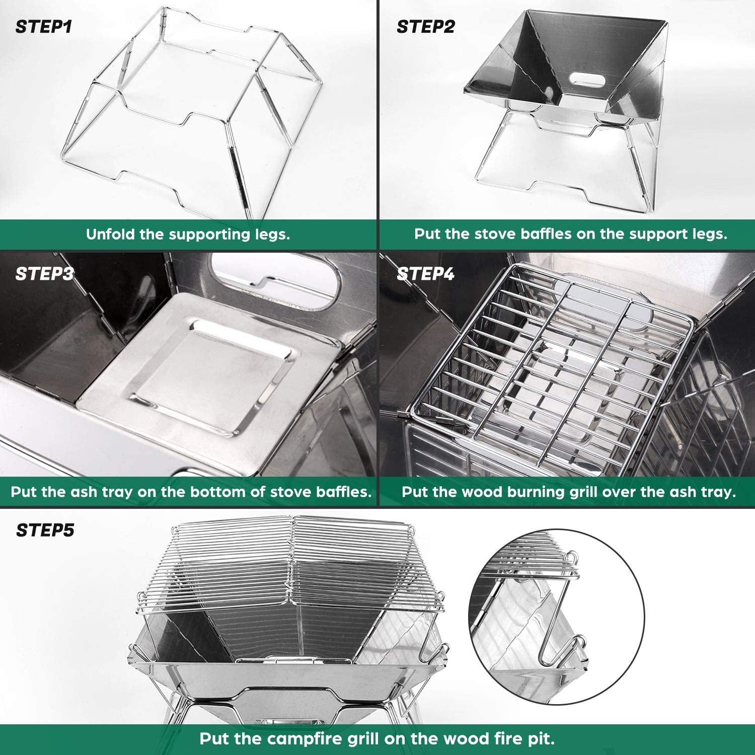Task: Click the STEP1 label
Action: pos(44,26)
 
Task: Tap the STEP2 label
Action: pos(425,26)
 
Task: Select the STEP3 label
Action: pos(44,274)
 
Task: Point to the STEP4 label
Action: pos(425,274)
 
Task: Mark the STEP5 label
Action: pos(45,530)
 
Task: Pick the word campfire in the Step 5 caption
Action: pos(306,739)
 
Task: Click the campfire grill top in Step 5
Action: pos(292,564)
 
